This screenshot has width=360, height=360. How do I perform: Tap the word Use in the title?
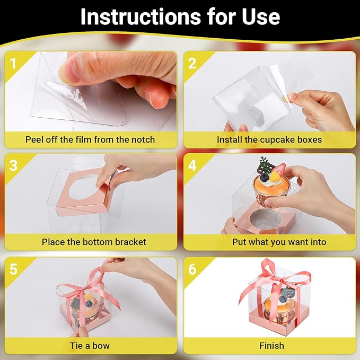coord(261,17)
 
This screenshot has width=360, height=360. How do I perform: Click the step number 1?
coord(13,63)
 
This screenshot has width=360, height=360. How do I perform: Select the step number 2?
coord(192,63)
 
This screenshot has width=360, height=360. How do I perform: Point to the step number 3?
coord(13,165)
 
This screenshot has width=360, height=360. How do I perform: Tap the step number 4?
coord(192,165)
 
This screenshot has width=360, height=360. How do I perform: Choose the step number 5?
coord(13,269)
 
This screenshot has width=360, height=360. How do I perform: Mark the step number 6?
coord(192,269)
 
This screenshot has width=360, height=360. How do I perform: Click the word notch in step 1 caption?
coord(143,139)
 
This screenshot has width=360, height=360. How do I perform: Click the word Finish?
coord(271,346)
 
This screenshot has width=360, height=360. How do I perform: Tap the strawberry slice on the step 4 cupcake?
coord(278,169)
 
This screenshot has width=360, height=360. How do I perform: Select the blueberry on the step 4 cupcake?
coord(264,178)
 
